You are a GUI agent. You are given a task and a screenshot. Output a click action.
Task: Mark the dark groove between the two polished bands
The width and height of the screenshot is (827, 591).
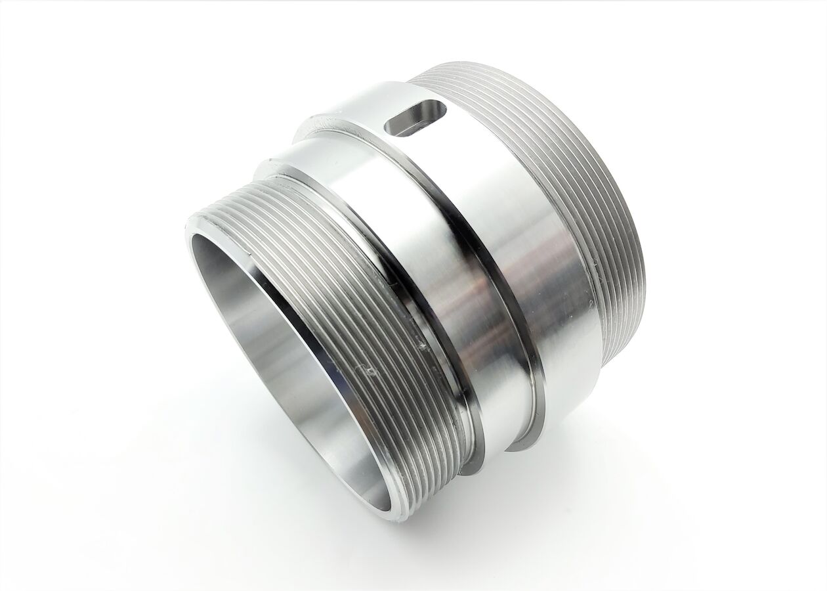[499, 276]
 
